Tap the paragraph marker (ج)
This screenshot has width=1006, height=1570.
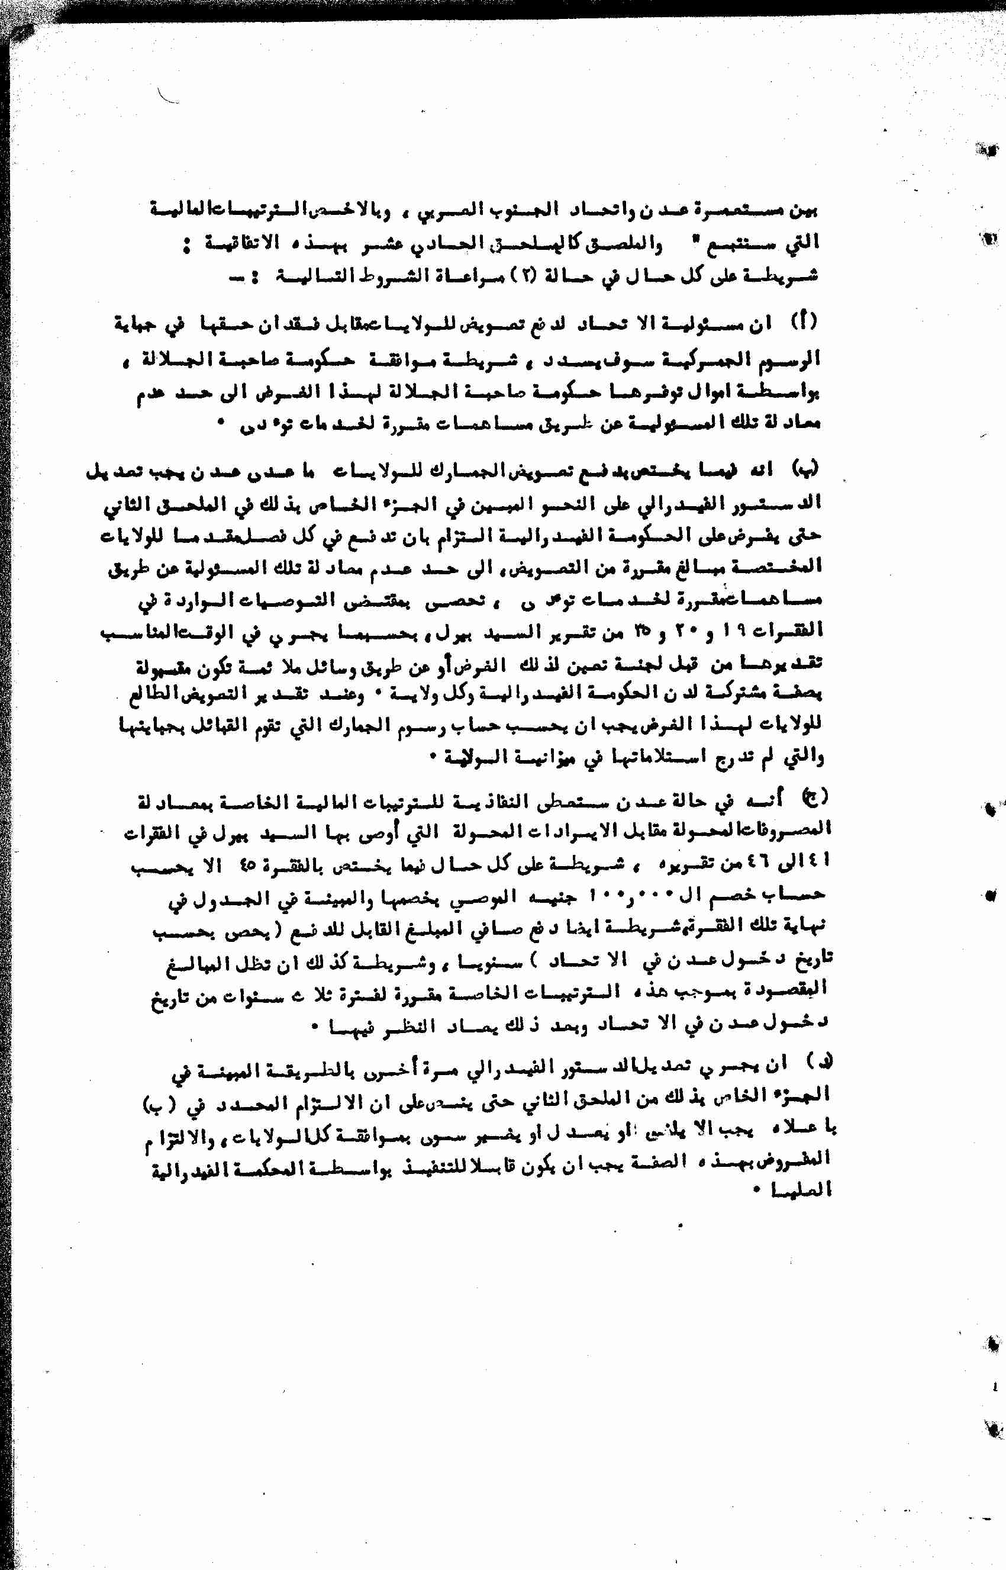click(x=814, y=796)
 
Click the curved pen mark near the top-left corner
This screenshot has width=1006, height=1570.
click(x=168, y=96)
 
